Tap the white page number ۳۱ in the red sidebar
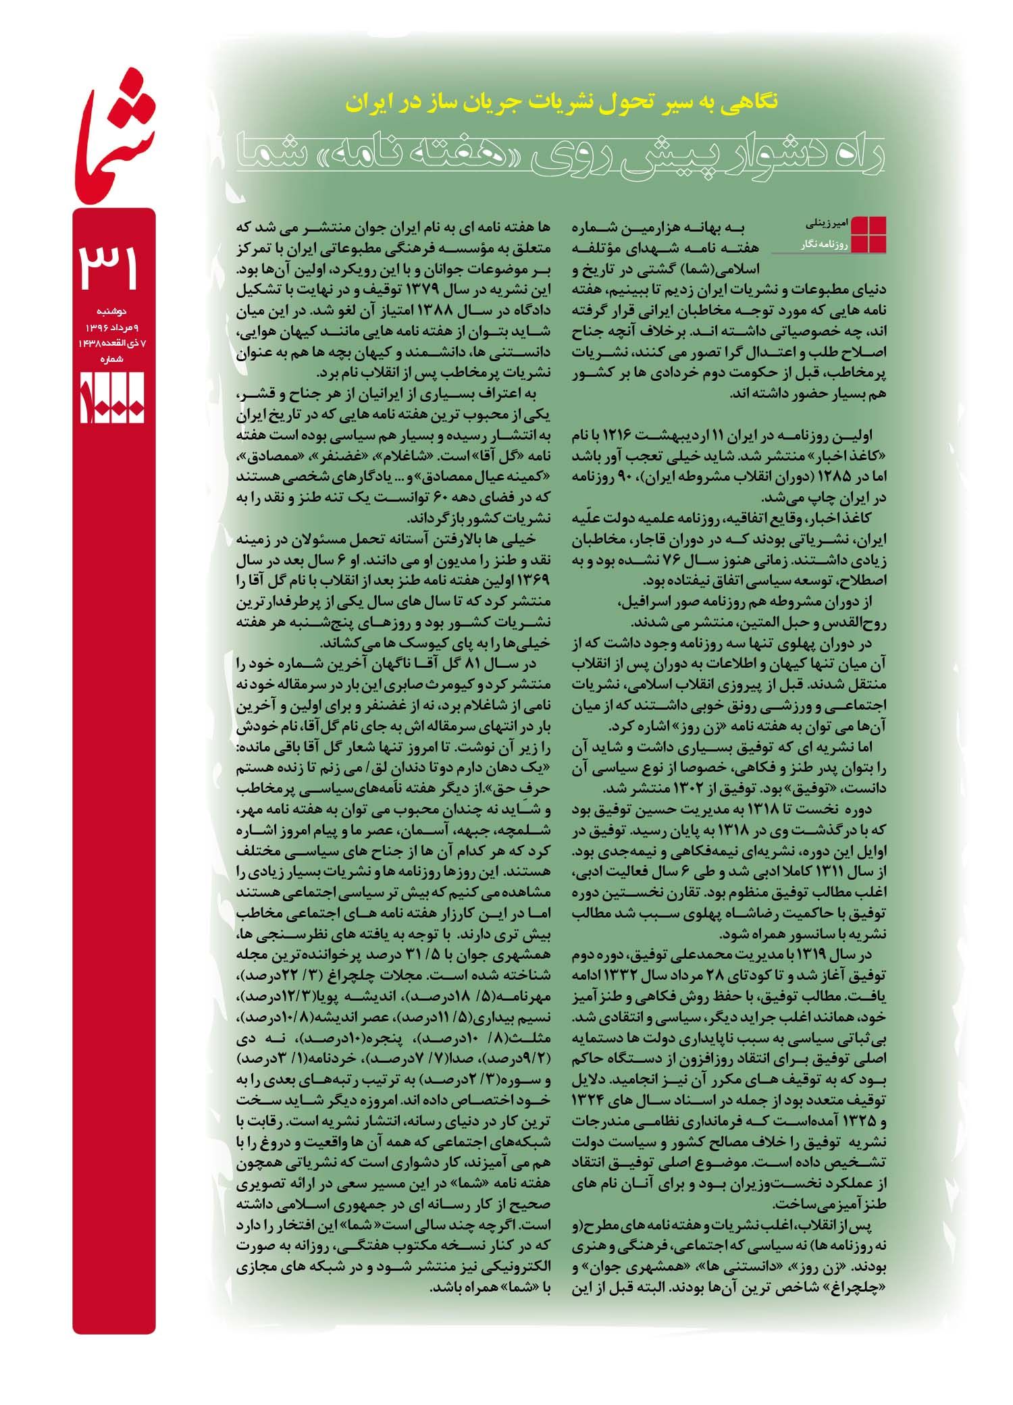(111, 265)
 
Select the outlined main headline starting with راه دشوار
(561, 157)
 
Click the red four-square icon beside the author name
(868, 235)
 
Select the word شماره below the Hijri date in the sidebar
(112, 359)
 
